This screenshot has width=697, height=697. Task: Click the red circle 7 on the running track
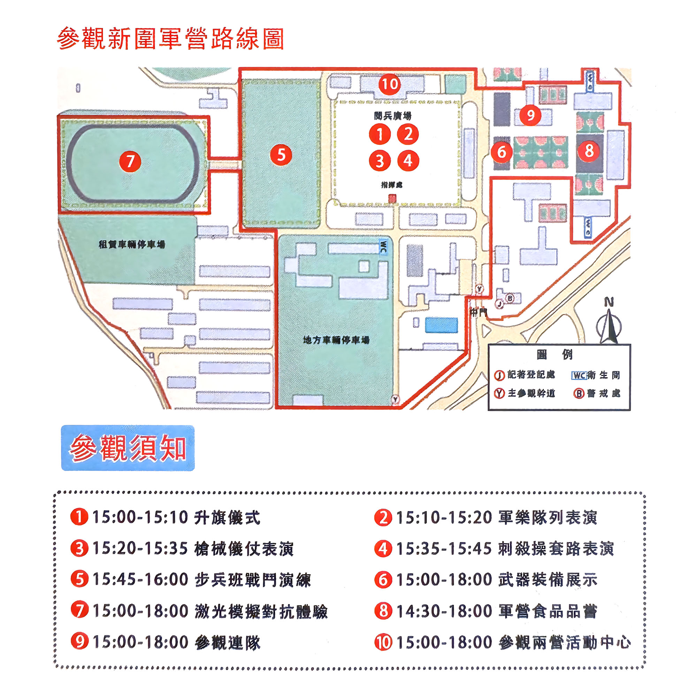click(130, 161)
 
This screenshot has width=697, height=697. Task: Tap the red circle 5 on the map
click(281, 155)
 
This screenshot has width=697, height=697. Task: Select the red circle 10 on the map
click(389, 84)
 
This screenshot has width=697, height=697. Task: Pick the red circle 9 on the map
click(530, 115)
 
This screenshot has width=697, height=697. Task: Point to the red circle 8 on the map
click(589, 151)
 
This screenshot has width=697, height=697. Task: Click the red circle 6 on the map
click(501, 152)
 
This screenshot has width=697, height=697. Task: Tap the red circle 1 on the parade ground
click(380, 134)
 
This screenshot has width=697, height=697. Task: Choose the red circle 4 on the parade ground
click(408, 161)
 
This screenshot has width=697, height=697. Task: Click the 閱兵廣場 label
click(392, 116)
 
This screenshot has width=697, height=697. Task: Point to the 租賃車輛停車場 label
click(132, 245)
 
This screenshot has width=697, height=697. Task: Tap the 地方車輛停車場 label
click(336, 340)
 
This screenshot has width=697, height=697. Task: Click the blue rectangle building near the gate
click(441, 325)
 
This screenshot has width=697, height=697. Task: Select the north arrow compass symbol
click(609, 322)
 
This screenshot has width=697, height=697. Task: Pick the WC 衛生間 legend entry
click(596, 376)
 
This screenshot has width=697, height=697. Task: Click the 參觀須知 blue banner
click(128, 448)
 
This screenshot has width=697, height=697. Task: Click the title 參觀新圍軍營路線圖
click(170, 39)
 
